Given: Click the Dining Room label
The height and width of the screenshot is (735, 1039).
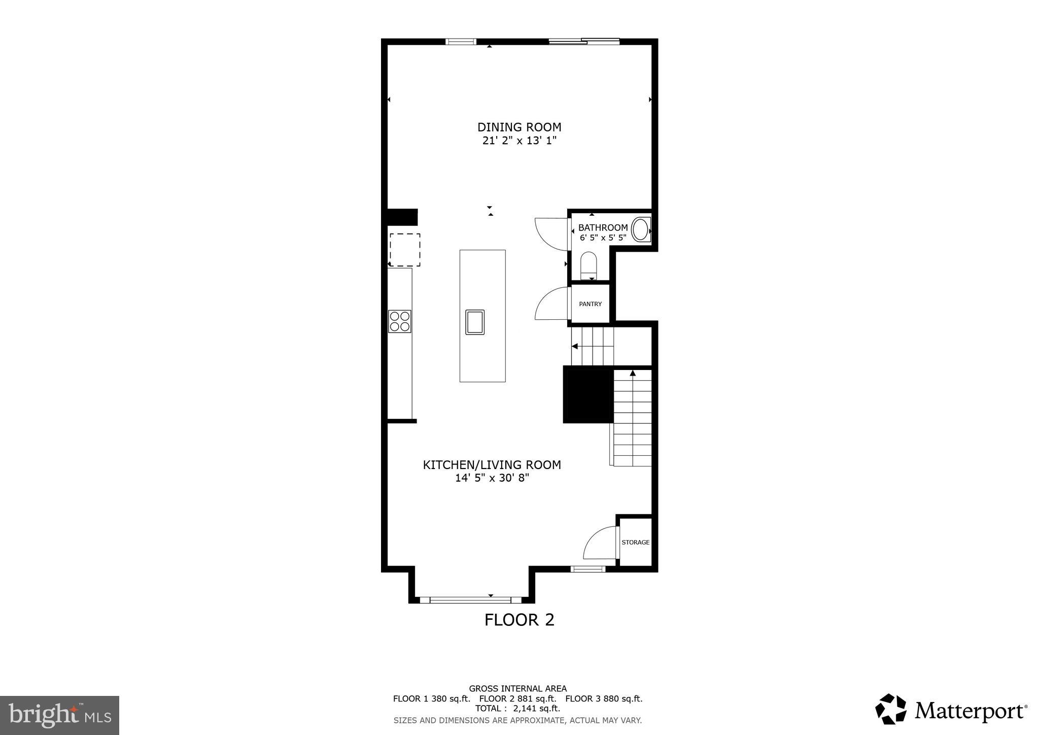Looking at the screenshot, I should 519,127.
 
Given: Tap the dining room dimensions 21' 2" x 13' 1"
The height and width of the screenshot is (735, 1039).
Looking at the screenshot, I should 519,141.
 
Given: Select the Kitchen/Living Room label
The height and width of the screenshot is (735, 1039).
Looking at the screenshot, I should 492,464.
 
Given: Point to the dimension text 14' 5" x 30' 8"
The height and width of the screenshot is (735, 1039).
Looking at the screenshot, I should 492,478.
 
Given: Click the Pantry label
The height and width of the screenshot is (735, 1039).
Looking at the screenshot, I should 590,304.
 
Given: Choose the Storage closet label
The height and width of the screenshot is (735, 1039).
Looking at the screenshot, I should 635,542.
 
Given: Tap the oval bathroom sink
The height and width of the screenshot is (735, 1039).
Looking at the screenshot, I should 641,229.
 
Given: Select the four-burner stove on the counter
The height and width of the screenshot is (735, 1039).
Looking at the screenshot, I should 399,321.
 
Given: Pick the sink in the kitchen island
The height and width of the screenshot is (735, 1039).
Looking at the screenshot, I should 475,322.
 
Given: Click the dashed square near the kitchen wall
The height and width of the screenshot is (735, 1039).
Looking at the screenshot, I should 405,249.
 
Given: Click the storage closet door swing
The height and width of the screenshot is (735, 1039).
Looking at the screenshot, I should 600,544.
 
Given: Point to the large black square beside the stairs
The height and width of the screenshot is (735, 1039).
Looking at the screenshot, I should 587,395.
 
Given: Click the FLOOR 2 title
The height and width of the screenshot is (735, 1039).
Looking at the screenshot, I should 519,620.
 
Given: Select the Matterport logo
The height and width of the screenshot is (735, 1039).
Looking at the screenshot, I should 951,709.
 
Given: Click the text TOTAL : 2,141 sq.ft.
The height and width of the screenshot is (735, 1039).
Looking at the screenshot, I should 517,708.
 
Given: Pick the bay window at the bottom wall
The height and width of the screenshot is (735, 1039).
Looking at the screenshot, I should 470,600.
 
